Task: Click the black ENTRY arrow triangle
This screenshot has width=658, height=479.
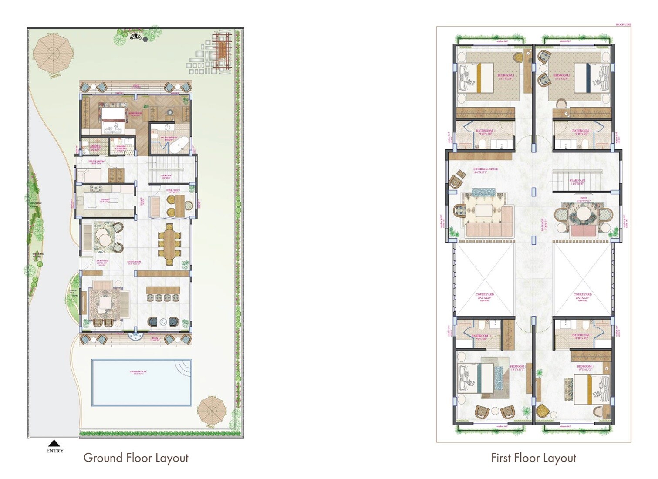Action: pyautogui.click(x=54, y=443)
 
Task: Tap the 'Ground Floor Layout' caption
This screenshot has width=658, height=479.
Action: pyautogui.click(x=136, y=458)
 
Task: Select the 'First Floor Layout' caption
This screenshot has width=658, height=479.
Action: pyautogui.click(x=533, y=458)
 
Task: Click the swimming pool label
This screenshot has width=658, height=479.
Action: pyautogui.click(x=138, y=372)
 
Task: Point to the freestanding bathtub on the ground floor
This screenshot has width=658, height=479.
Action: pyautogui.click(x=179, y=145)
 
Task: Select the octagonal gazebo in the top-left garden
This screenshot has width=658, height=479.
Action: pyautogui.click(x=52, y=54)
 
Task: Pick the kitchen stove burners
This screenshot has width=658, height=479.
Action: pyautogui.click(x=94, y=189)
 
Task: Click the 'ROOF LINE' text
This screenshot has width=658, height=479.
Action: pyautogui.click(x=623, y=25)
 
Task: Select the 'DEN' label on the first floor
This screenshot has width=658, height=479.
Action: pyautogui.click(x=584, y=199)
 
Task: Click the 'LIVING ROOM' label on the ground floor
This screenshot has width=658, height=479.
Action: pyautogui.click(x=134, y=262)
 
